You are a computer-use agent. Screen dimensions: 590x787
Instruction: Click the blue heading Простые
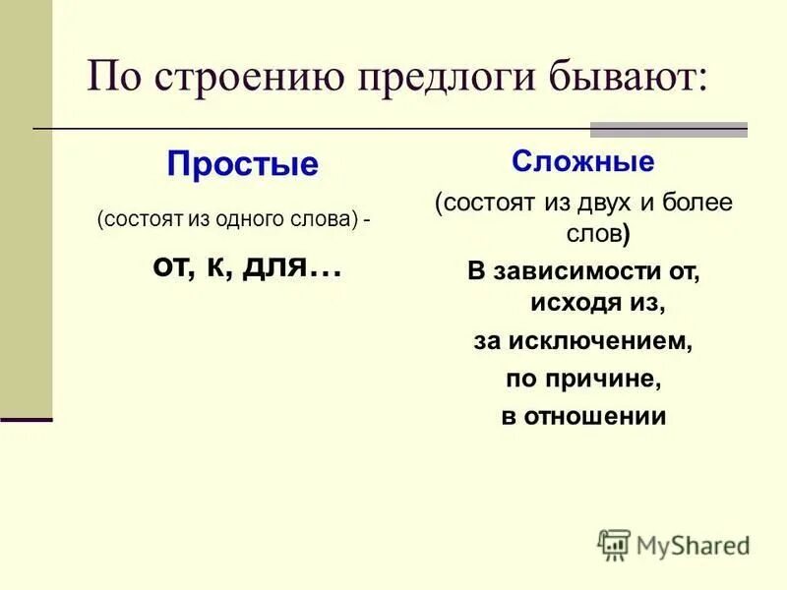pos(242,163)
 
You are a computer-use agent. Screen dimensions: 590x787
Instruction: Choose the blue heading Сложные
pos(582,160)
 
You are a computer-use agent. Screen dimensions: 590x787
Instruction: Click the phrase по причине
pos(582,379)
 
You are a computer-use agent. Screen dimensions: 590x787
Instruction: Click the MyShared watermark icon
pos(614,544)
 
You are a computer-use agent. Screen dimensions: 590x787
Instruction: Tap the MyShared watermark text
pos(694,545)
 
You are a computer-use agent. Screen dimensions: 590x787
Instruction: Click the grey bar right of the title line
pos(668,129)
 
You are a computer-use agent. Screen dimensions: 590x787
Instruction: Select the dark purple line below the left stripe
pos(27,419)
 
